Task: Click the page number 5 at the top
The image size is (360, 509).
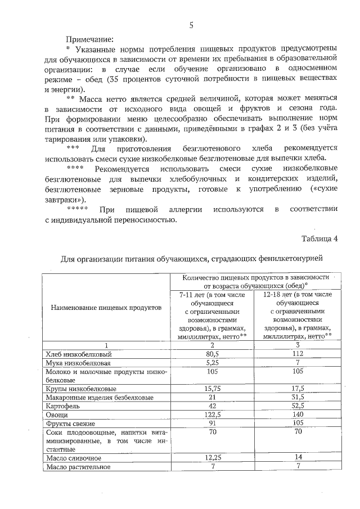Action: (191, 25)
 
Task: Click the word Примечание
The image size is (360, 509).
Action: (90, 39)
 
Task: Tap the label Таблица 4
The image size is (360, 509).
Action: (319, 237)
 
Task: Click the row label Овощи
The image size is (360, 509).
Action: (57, 415)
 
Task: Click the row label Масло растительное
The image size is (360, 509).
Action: (79, 467)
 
